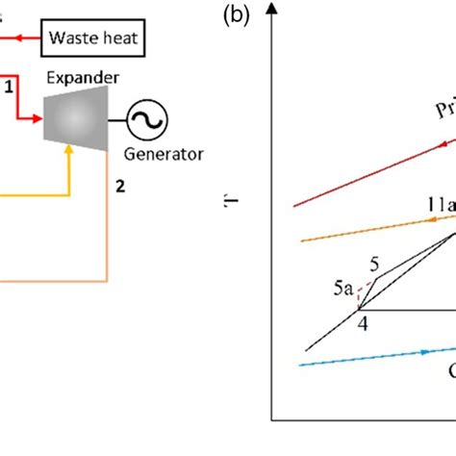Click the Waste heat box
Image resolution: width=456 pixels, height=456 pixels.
(x=94, y=39)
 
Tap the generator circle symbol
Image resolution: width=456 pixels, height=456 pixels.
(x=149, y=119)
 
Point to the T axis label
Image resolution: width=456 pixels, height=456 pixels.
(x=229, y=203)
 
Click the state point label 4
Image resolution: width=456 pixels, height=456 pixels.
(x=363, y=323)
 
